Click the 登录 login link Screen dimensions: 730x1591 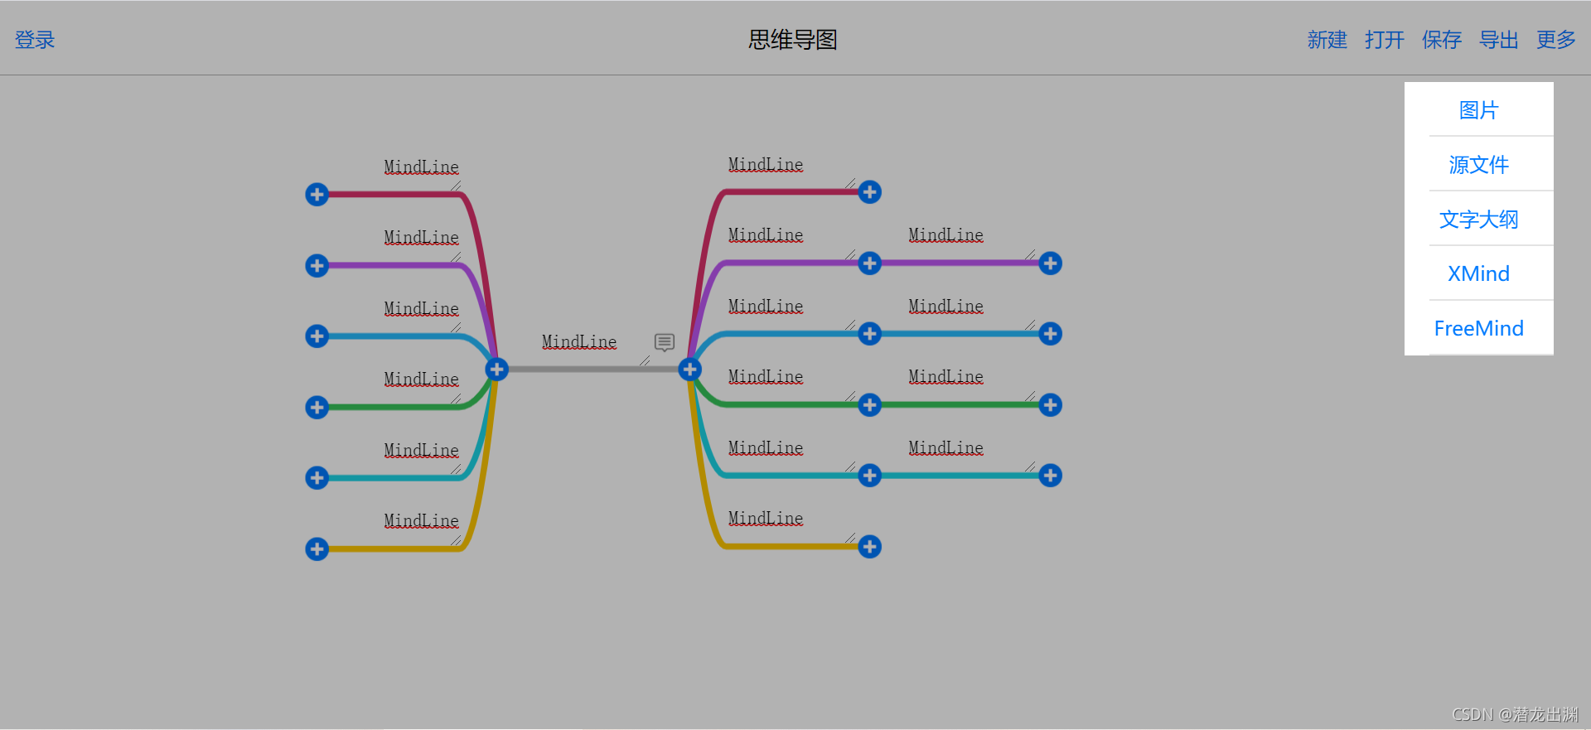pos(35,40)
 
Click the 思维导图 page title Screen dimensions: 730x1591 pos(792,40)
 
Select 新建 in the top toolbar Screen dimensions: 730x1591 pos(1327,40)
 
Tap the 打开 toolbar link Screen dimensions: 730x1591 pos(1384,40)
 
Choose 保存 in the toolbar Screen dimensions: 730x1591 pos(1441,40)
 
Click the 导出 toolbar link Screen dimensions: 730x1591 pos(1498,40)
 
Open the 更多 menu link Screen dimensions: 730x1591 pos(1555,40)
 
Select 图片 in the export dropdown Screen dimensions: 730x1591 pos(1478,110)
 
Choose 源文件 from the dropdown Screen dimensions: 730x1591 pos(1478,165)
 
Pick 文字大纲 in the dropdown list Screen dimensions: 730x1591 pos(1478,220)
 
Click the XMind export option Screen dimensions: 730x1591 pos(1478,273)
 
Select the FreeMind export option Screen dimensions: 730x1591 pos(1478,328)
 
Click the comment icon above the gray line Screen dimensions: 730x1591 pos(664,342)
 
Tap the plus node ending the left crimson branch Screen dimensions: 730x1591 pos(317,195)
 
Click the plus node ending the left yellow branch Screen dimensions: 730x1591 pos(317,549)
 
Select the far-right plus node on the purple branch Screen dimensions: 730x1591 pos(1050,263)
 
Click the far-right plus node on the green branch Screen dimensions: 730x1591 pos(1050,404)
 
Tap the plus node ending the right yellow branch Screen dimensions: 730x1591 pos(869,547)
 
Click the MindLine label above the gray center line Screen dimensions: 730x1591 pos(579,342)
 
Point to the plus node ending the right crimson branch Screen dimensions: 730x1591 pos(869,192)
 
